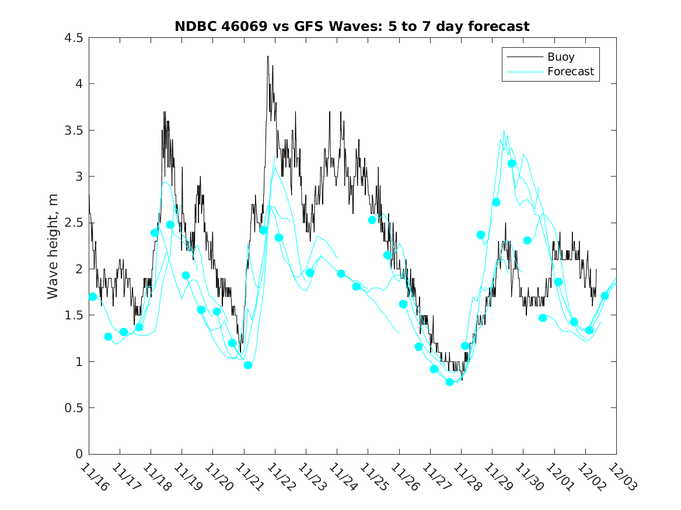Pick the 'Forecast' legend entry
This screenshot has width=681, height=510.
(570, 72)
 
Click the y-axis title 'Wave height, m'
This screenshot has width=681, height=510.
(53, 246)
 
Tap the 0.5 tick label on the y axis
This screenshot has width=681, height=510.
(74, 408)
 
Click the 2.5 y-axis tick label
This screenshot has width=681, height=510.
(74, 223)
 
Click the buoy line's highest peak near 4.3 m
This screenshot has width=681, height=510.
(268, 57)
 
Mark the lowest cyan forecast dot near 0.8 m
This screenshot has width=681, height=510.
(449, 382)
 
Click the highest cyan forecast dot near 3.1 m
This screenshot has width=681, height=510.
(512, 163)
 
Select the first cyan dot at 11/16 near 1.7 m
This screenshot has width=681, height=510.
(93, 297)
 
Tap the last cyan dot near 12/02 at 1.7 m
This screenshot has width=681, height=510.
(605, 296)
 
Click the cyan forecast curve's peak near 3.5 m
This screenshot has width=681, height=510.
(504, 131)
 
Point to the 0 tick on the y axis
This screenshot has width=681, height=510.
(79, 454)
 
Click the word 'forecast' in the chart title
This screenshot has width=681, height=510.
(501, 26)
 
